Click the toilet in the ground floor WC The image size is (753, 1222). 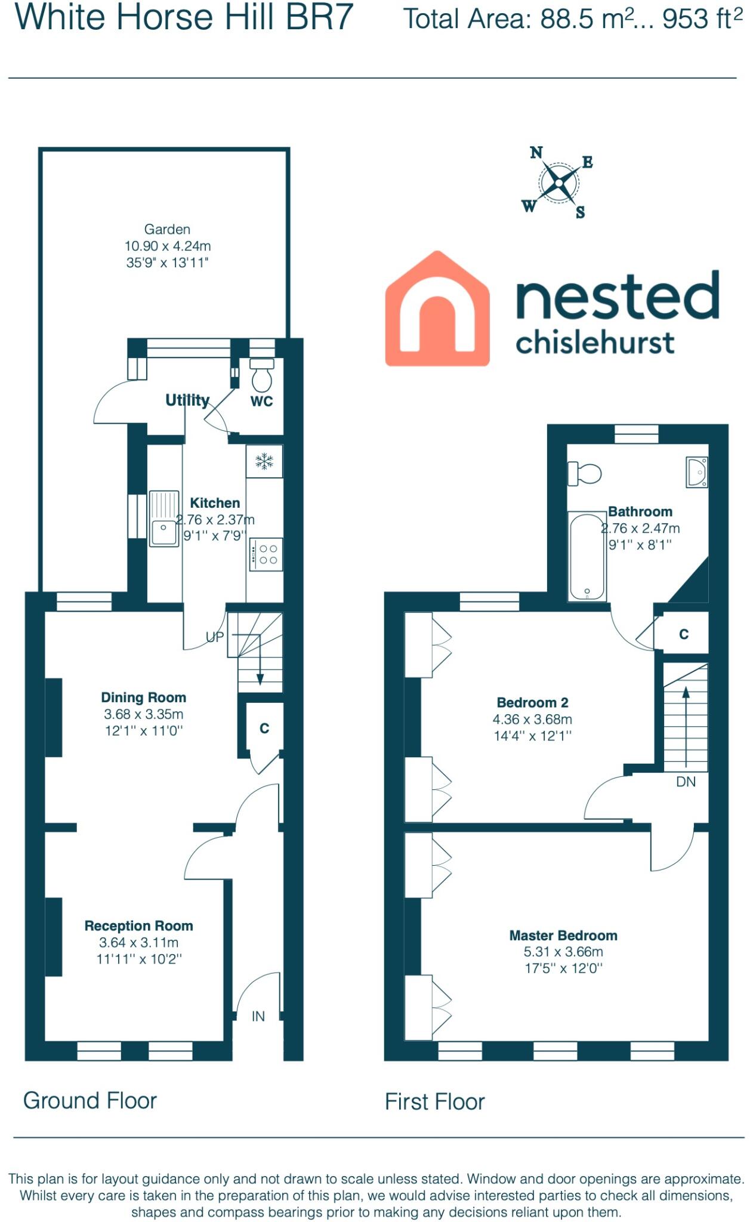point(262,375)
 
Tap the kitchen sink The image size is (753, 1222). point(163,519)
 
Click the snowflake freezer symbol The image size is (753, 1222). point(264,461)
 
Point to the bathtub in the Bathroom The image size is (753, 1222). point(587,556)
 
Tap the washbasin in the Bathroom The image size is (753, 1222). point(697,472)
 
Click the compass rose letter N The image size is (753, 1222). point(536,153)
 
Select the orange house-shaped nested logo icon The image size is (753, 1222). point(437,308)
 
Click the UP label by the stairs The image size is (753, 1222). point(215,637)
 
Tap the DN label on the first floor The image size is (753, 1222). point(686,782)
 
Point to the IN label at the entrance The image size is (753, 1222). point(258,1016)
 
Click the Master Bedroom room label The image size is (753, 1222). point(563,935)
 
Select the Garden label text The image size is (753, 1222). point(167,229)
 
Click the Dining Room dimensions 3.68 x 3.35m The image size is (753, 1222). point(143,714)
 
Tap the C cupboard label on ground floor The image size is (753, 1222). point(264,728)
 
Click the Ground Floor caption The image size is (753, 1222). point(90,1100)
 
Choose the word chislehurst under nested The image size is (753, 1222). point(594,342)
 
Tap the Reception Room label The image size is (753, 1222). point(138,925)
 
